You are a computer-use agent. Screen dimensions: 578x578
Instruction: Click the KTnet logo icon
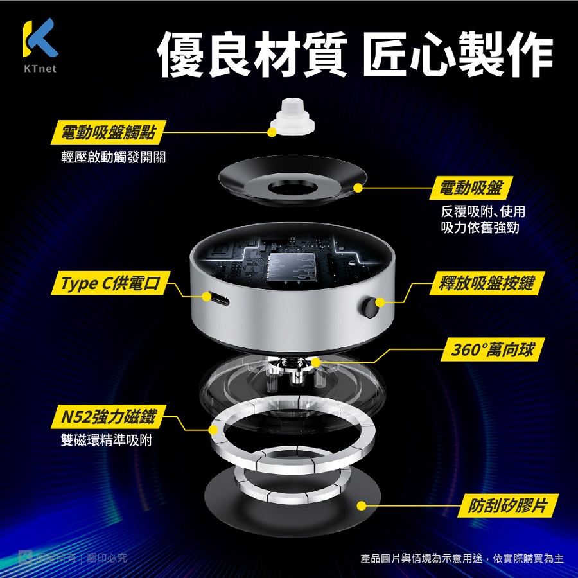40,37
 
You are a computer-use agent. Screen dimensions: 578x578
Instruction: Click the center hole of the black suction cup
293,188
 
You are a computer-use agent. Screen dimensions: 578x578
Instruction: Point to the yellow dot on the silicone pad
362,506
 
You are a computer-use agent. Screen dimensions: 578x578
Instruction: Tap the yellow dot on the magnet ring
213,430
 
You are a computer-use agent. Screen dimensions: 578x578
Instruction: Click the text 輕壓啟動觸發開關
113,157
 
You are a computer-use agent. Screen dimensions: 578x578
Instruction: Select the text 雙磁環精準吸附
106,440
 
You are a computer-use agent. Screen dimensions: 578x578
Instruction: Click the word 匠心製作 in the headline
457,54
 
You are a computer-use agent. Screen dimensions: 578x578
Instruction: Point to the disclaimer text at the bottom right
462,559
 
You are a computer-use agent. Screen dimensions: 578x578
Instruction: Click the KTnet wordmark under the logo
40,69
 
